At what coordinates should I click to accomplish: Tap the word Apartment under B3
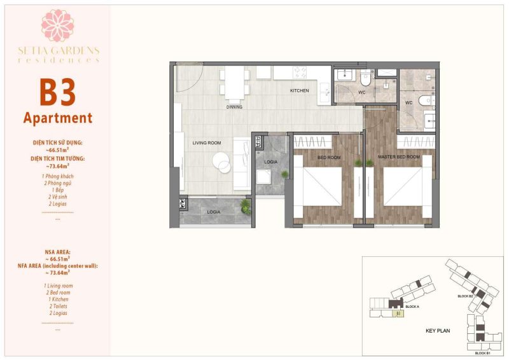click(x=58, y=118)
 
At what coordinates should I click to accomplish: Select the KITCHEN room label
click(x=299, y=91)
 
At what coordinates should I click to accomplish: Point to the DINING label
click(x=235, y=107)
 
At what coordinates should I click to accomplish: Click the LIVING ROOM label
click(x=207, y=143)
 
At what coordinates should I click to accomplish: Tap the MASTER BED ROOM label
click(x=399, y=156)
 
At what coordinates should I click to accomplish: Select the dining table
click(x=235, y=83)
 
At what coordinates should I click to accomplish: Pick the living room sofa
click(x=240, y=164)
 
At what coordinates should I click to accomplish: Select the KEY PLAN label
click(x=438, y=331)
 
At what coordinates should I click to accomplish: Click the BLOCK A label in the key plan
click(x=412, y=307)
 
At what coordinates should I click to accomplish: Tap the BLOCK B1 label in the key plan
click(x=482, y=352)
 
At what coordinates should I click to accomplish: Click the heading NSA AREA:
click(x=58, y=252)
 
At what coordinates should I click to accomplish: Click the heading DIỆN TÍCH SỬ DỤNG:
click(x=58, y=143)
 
